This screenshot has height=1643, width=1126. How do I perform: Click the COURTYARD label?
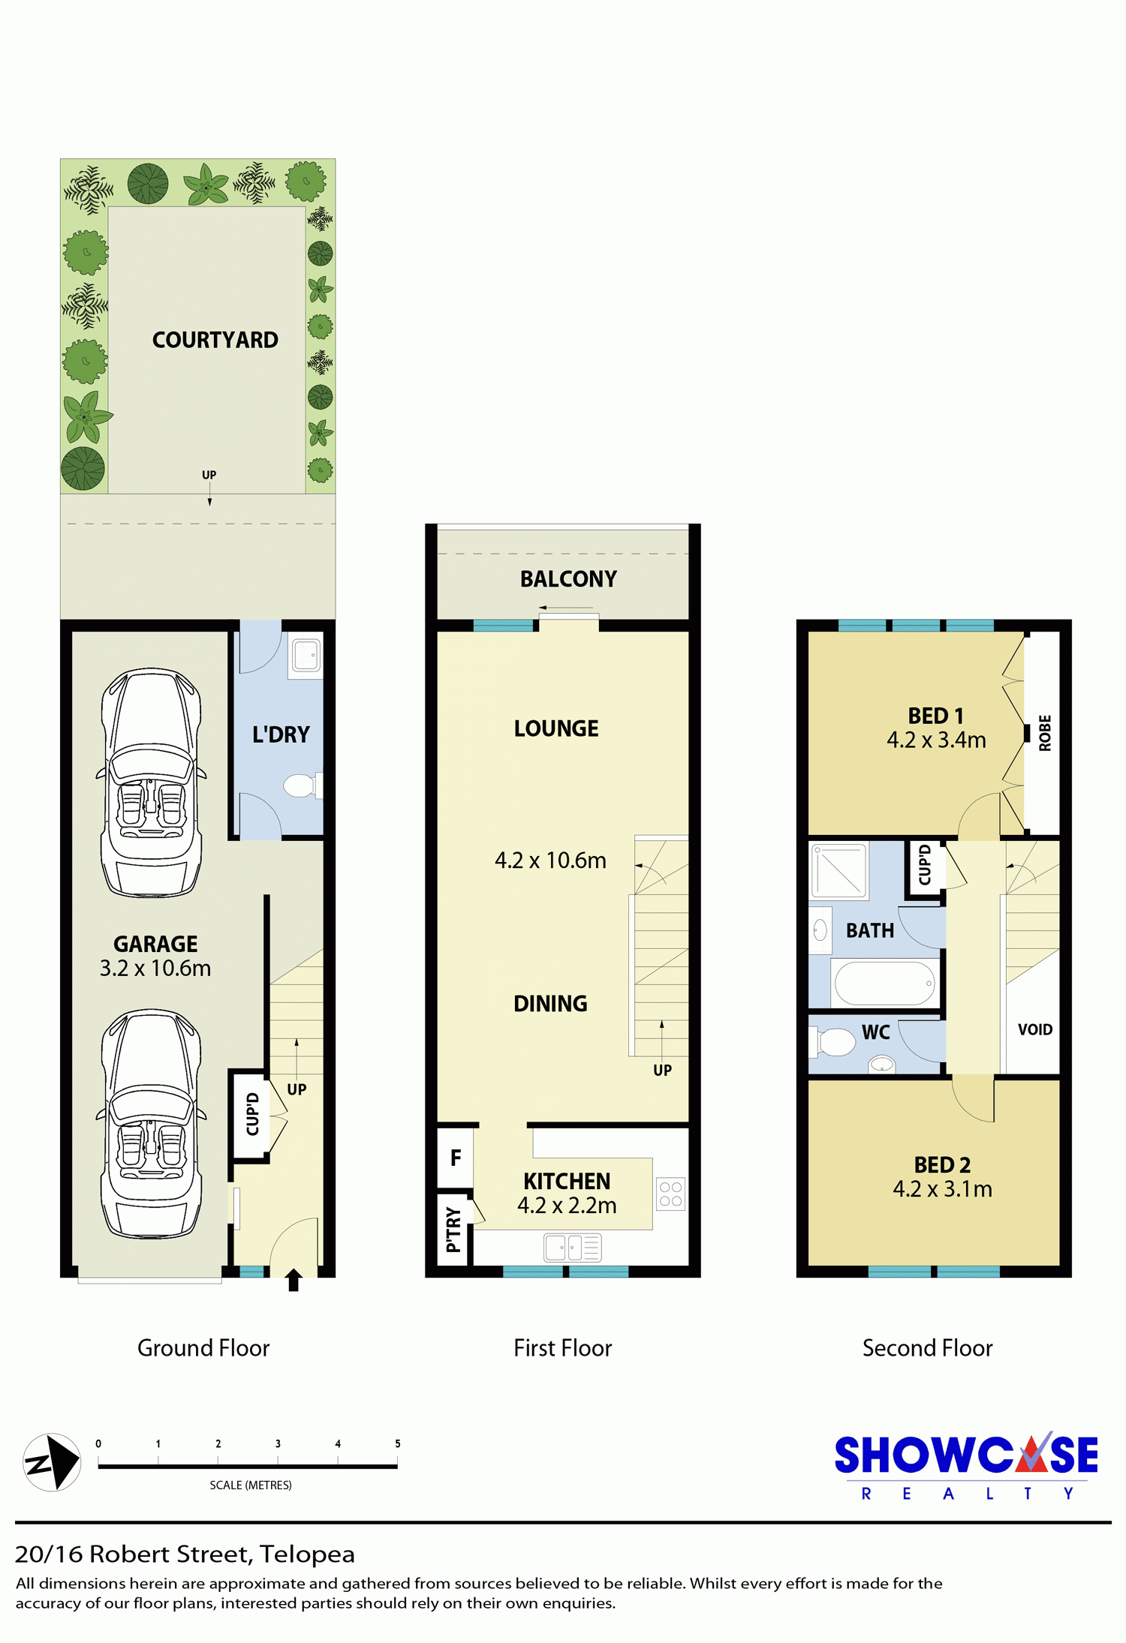pos(215,340)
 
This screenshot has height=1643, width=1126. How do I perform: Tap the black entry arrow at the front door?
pos(294,1280)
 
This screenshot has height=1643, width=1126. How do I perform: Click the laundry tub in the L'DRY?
pos(306,656)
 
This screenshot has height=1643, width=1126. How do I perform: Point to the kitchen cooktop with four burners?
pos(670,1194)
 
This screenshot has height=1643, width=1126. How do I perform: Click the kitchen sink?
pos(573,1248)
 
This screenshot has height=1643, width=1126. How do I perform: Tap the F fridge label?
pos(456,1158)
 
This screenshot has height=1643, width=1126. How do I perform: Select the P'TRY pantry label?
pos(453,1230)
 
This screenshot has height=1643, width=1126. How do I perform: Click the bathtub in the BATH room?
pos(885,983)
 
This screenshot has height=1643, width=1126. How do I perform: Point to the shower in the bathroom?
pos(838,871)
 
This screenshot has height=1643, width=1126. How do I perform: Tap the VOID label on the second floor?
pos(1035,1029)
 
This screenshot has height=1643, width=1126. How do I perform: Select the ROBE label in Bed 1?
pos(1045,733)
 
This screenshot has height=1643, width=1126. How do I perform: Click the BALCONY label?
pos(568,579)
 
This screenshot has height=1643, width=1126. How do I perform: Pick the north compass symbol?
pos(52,1462)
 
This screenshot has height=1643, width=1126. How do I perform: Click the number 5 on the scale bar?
pos(398,1443)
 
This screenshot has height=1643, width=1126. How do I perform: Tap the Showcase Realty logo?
pos(966,1467)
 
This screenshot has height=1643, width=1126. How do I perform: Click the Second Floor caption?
pos(927,1348)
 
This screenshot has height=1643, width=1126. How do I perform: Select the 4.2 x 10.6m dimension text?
pos(550,861)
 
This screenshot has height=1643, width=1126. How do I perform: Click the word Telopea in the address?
pos(307,1554)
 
